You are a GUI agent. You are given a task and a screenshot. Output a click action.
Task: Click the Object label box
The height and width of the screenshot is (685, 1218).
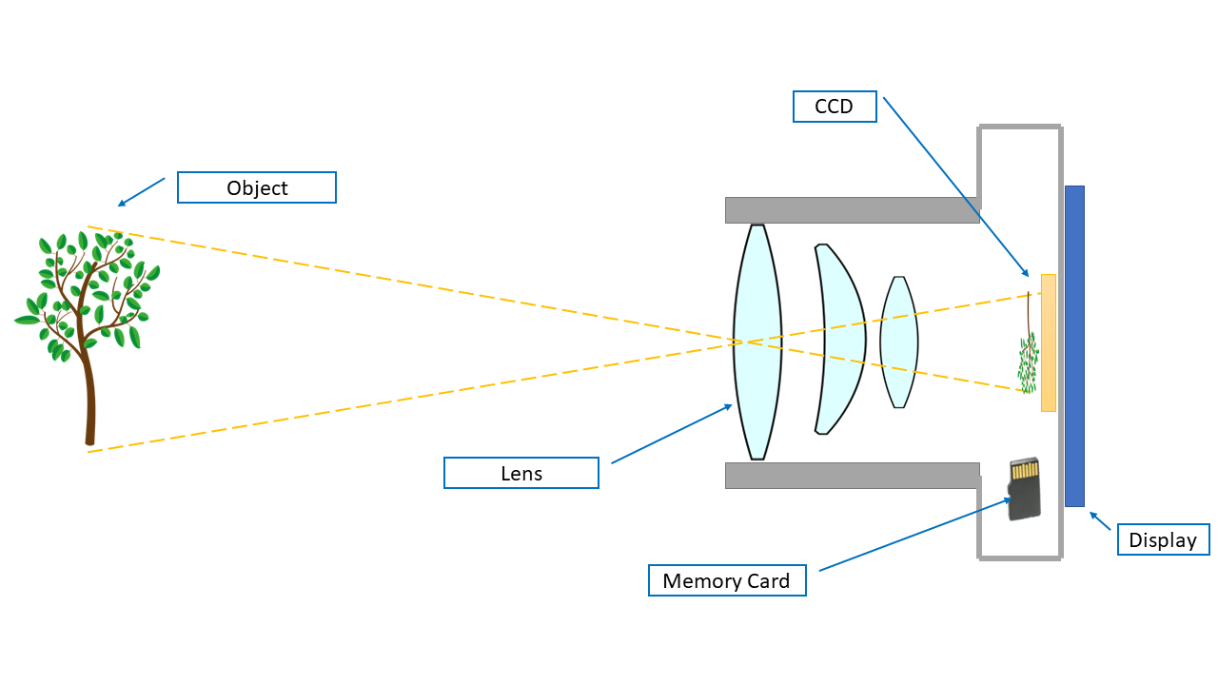(x=257, y=187)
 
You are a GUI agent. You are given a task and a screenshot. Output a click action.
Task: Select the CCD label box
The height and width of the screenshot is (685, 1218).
(x=834, y=107)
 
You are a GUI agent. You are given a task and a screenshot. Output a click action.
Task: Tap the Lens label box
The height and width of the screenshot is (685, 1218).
(x=521, y=473)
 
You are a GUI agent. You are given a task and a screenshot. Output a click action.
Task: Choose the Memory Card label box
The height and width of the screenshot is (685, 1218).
(x=726, y=580)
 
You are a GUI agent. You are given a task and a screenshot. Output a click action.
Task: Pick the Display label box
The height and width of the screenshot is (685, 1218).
(x=1162, y=539)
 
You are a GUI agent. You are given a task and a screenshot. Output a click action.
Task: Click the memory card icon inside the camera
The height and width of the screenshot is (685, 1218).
(x=1024, y=489)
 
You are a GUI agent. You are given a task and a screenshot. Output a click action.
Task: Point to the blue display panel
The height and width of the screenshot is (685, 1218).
(x=1074, y=345)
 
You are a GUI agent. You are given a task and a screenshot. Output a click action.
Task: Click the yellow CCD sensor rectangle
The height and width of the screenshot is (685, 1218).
(x=1049, y=342)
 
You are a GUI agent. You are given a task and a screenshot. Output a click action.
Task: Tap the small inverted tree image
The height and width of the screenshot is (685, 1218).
(x=1027, y=357)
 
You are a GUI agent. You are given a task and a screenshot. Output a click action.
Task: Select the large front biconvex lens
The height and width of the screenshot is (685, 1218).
(x=757, y=342)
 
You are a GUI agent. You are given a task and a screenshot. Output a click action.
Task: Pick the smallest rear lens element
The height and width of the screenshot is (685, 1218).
(x=898, y=342)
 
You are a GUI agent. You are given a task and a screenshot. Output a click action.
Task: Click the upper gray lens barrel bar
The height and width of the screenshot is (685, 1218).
(x=852, y=209)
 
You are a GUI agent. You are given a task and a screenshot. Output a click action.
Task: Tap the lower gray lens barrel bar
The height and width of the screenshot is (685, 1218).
(x=852, y=475)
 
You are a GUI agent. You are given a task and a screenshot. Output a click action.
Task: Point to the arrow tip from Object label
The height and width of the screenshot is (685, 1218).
(x=119, y=205)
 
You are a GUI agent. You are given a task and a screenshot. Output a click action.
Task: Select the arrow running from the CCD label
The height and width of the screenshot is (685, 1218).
(x=955, y=186)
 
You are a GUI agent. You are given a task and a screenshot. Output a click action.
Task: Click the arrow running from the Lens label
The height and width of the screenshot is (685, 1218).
(x=671, y=434)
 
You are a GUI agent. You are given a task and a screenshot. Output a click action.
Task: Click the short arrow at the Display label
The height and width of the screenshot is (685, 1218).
(x=1100, y=520)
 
